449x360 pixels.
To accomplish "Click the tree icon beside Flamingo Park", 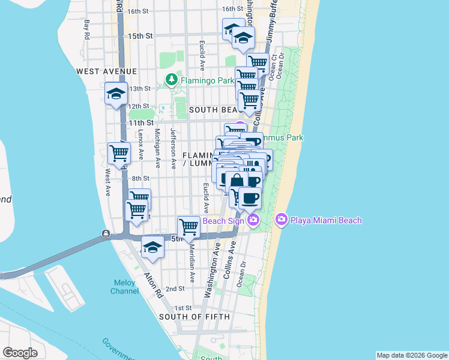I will [172, 79].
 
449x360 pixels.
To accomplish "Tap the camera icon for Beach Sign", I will [253, 220].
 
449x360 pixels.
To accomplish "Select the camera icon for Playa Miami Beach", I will [281, 220].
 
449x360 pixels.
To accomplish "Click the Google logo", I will [20, 352].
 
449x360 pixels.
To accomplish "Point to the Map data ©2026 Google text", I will [411, 355].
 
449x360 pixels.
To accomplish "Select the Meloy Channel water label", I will [124, 287].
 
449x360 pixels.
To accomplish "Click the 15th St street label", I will [140, 36].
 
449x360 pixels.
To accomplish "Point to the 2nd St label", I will [175, 289].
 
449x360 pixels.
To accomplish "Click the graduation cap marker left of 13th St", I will [116, 94].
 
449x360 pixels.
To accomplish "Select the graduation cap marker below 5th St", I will [153, 248].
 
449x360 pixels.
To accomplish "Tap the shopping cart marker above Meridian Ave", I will [189, 227].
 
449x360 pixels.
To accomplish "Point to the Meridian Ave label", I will [192, 263].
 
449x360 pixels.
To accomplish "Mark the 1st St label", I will [175, 307].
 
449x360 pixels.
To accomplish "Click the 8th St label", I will [140, 178].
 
